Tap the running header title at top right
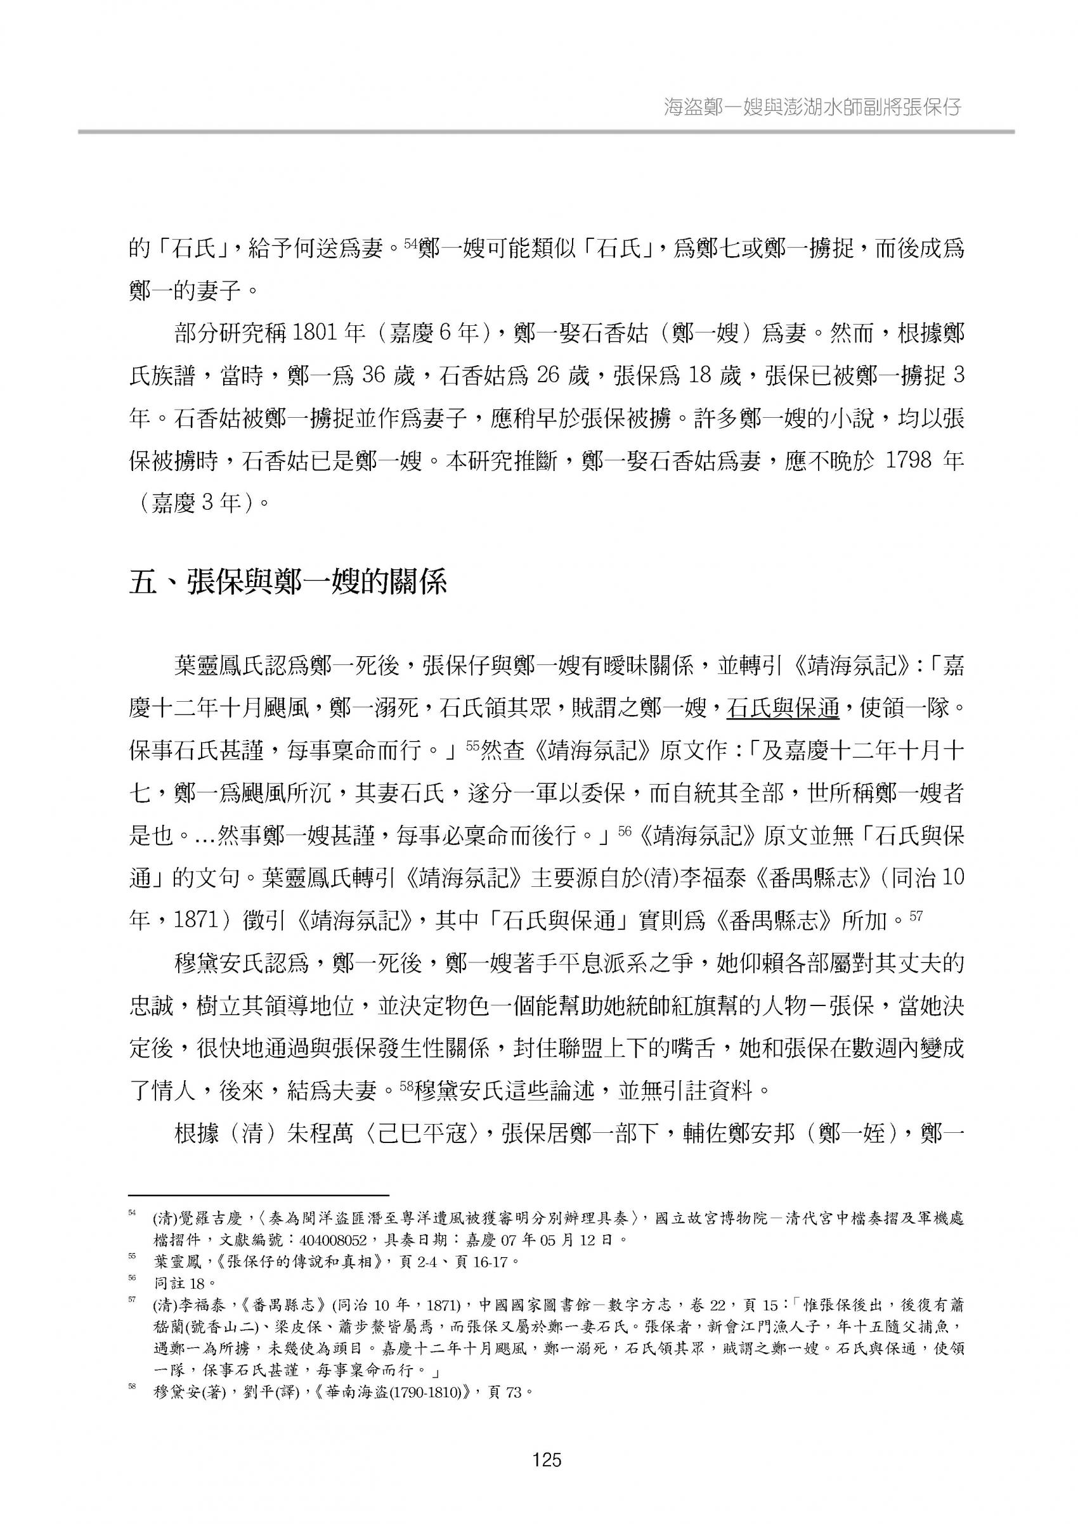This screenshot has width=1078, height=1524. click(812, 107)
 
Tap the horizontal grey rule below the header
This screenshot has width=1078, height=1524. click(545, 131)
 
